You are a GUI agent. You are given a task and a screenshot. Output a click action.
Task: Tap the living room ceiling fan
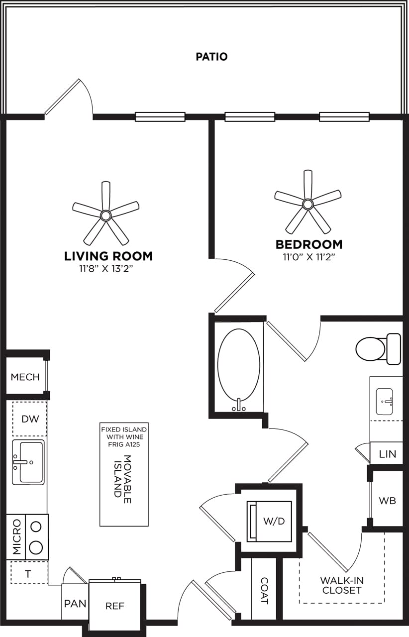(x=105, y=214)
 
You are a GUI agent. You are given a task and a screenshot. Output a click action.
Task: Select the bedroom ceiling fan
(x=307, y=204)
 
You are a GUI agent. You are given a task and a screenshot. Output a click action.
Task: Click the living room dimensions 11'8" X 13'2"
(x=108, y=269)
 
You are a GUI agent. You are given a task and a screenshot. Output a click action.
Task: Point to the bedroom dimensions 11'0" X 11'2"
(x=309, y=257)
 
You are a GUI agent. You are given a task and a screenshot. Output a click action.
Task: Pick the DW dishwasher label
(x=30, y=419)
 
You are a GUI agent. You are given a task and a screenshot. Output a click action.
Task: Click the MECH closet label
(x=25, y=377)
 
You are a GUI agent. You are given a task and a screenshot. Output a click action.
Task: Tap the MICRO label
(x=17, y=537)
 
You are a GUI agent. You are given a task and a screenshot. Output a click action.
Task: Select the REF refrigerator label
(x=114, y=606)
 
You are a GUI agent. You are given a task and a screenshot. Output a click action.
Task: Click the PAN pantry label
(x=75, y=604)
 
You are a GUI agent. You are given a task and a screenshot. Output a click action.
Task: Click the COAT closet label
(x=264, y=590)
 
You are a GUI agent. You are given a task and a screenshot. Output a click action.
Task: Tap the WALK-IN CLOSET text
(x=341, y=585)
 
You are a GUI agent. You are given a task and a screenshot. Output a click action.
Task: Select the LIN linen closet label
(x=387, y=454)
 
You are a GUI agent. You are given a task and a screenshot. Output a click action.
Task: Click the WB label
(x=387, y=501)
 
